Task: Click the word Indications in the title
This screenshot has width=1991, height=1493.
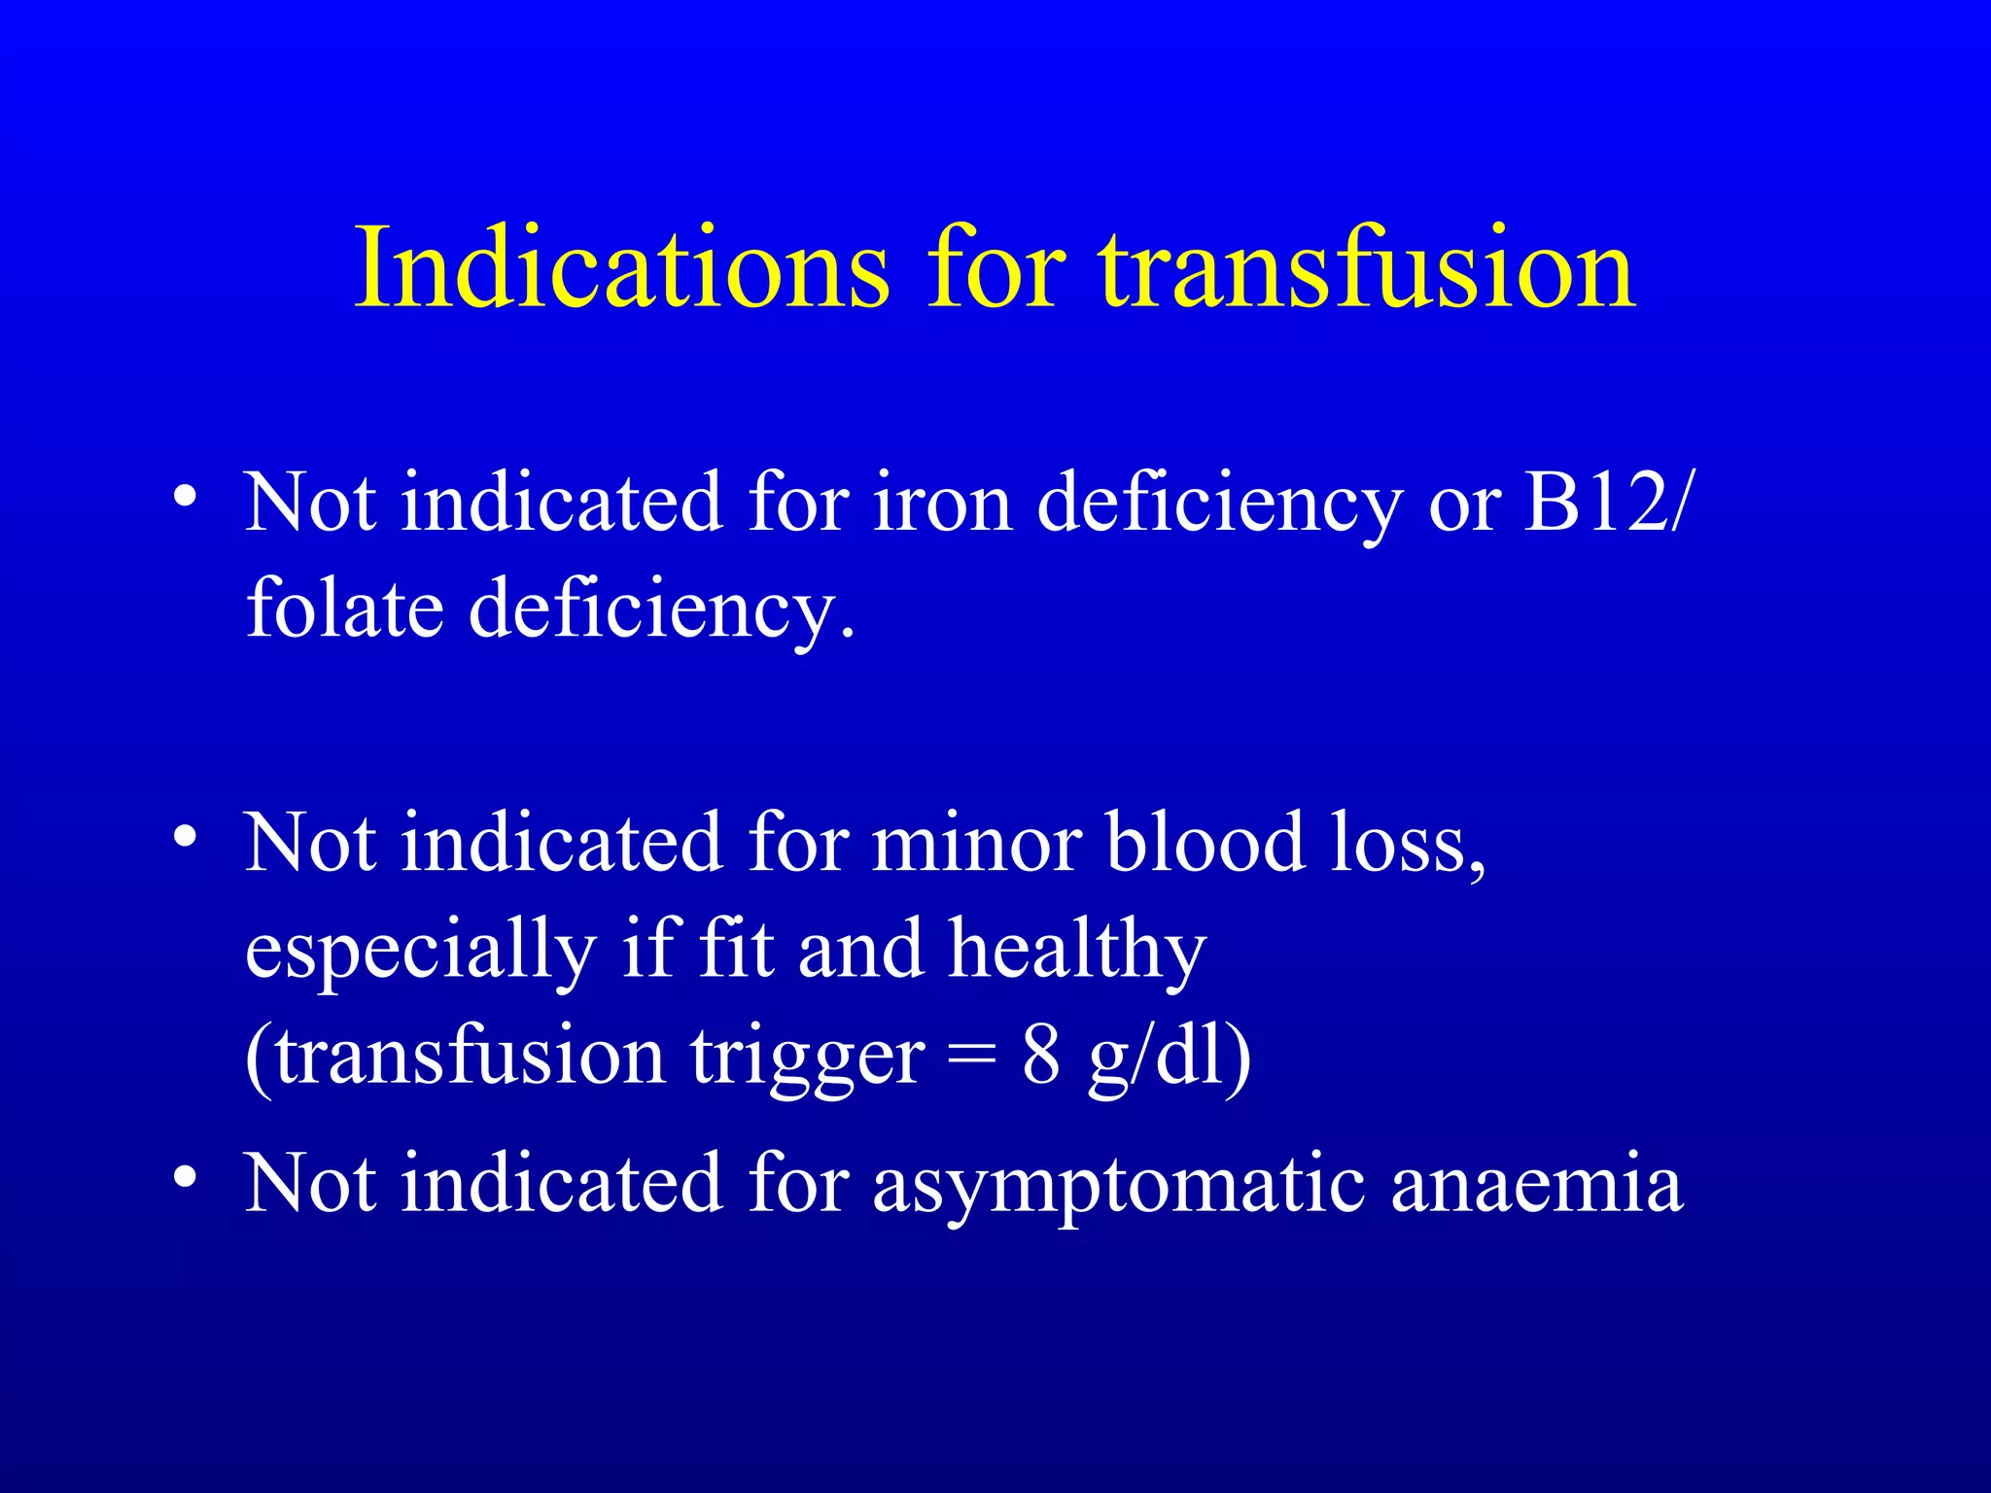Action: pyautogui.click(x=622, y=267)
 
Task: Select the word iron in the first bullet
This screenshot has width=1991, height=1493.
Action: pyautogui.click(x=942, y=503)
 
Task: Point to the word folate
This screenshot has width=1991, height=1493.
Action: pyautogui.click(x=344, y=608)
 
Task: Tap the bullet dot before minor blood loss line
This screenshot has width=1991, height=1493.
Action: pyautogui.click(x=186, y=837)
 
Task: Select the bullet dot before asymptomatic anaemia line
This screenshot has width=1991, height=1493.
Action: pyautogui.click(x=186, y=1177)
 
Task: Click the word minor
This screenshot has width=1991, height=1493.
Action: pyautogui.click(x=977, y=843)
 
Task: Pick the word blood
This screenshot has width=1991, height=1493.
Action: pyautogui.click(x=1205, y=843)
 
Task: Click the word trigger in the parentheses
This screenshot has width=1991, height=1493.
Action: pyautogui.click(x=807, y=1058)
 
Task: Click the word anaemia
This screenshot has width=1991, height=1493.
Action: pyautogui.click(x=1537, y=1184)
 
